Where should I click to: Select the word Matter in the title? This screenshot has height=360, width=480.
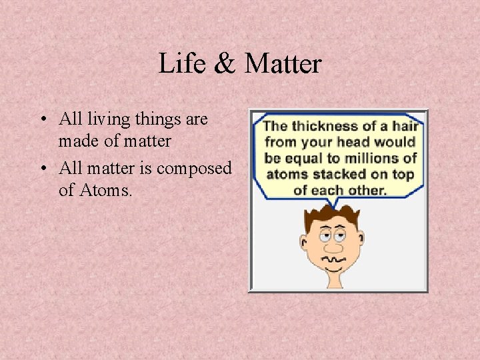[x=283, y=64]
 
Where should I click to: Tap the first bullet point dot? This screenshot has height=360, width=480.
[x=42, y=121]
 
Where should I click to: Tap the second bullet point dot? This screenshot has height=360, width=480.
[x=42, y=169]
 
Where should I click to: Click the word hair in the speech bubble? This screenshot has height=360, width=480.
[x=405, y=126]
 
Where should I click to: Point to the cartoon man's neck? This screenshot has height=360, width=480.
[x=334, y=279]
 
